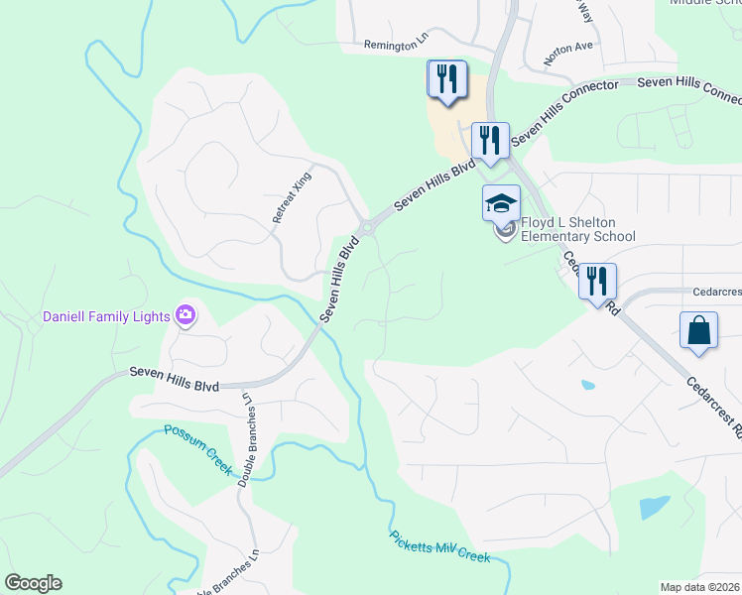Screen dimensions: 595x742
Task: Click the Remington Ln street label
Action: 396,45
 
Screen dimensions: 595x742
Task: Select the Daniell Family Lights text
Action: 105,317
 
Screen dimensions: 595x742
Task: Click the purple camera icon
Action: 185,316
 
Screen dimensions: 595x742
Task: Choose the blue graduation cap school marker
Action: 501,204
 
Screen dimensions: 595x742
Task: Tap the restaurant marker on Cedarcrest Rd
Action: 596,282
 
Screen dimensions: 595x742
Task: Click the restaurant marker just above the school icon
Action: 489,140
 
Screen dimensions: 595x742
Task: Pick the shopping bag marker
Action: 699,330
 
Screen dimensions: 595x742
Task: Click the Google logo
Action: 33,583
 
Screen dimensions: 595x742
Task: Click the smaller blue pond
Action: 588,385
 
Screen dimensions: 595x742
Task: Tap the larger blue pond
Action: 654,508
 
